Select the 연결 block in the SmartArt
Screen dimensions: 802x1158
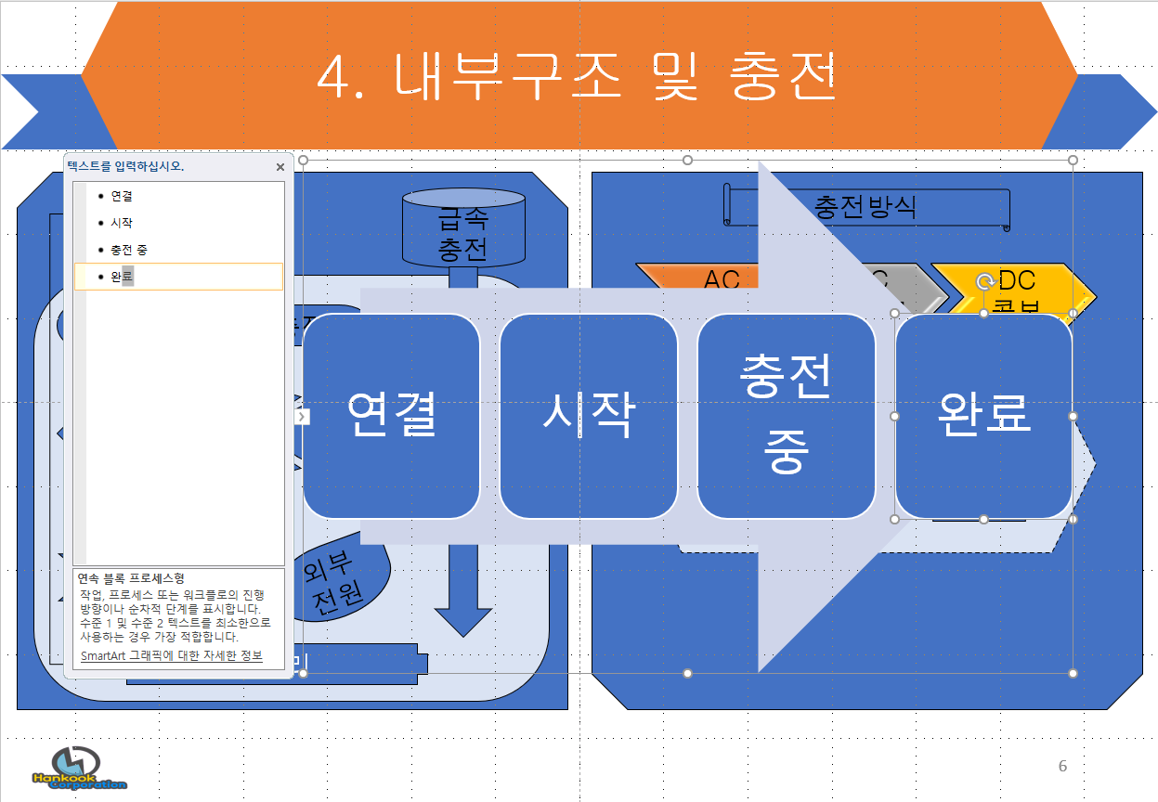(391, 415)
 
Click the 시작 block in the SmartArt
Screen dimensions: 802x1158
(588, 415)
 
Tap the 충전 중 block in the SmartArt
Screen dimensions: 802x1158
(786, 415)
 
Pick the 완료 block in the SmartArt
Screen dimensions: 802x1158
(983, 415)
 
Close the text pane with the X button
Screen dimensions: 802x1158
(280, 167)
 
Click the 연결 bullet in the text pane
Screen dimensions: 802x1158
(122, 197)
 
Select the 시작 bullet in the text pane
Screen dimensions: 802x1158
(122, 223)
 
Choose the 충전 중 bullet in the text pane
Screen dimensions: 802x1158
(128, 250)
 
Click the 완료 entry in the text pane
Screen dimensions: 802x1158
(122, 277)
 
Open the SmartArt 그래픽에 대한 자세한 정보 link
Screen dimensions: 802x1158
(171, 655)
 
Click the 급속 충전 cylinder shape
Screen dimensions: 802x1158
(462, 232)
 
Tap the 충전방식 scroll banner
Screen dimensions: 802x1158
(865, 206)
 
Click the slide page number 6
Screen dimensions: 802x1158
(1062, 766)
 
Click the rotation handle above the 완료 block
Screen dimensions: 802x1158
(984, 281)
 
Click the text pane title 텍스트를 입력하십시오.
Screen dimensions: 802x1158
(125, 167)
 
